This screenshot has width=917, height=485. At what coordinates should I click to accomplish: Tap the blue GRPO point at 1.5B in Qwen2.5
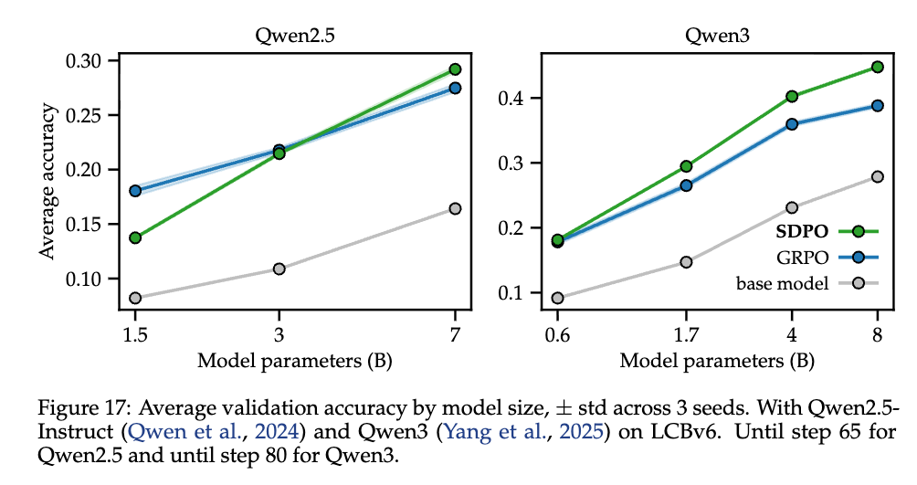135,191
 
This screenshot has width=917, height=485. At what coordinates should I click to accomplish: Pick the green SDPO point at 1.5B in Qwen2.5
135,237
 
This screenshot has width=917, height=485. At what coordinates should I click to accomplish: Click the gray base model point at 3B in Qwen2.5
279,269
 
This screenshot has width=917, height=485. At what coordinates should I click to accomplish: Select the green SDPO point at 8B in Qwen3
878,67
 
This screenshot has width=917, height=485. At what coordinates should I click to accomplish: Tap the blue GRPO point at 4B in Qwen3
792,124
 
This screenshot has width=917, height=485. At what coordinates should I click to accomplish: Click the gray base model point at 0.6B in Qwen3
557,298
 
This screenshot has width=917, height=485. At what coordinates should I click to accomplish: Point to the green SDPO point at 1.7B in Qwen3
660,166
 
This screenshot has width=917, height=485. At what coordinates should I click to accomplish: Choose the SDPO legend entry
800,230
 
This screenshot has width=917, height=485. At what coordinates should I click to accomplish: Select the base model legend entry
782,283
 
